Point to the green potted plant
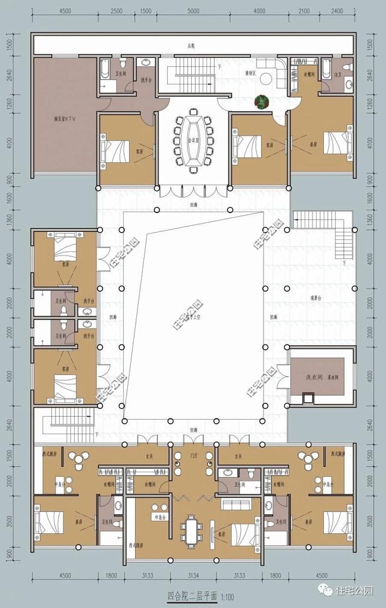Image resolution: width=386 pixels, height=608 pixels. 261,102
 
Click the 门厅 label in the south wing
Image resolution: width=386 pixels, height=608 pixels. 194,456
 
